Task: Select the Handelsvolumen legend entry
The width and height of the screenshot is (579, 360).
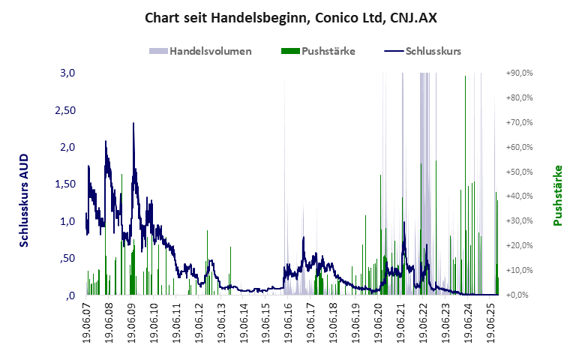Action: point(200,52)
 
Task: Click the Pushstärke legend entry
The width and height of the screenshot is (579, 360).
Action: point(318,52)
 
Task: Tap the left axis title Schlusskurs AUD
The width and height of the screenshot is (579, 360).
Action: point(24,197)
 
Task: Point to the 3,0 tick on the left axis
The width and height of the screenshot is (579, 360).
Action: point(68,73)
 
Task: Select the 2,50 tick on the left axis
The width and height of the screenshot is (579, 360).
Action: point(65,110)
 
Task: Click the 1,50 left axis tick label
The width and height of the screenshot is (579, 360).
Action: point(65,184)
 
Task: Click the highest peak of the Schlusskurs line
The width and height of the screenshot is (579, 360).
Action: point(133,123)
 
